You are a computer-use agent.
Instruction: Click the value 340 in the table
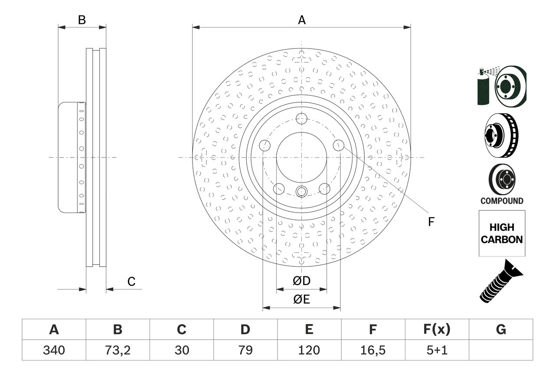coord(54,350)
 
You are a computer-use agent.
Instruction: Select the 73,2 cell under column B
coord(118,350)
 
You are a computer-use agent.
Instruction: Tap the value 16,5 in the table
coord(372,350)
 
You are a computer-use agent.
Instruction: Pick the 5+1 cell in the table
coord(436,350)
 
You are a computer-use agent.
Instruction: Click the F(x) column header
coord(436,330)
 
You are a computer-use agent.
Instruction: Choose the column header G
coord(501,330)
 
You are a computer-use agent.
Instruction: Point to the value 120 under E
coord(309,350)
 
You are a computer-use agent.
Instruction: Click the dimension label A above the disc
coord(301,20)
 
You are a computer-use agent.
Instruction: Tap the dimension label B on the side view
coord(82,20)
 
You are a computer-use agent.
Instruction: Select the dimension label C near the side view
coord(131,282)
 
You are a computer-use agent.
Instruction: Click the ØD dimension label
coord(301,281)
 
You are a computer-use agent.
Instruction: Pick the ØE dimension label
coord(301,300)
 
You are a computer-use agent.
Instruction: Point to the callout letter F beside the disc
coord(431,222)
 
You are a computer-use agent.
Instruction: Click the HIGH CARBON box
coord(502,233)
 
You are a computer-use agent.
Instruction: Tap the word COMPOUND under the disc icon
coord(502,201)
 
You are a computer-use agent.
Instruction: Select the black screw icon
coord(501,281)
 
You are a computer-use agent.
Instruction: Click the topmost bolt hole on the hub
coord(301,119)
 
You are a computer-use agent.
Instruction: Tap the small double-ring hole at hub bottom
coord(301,191)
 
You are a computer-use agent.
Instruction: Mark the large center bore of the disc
coord(301,157)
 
